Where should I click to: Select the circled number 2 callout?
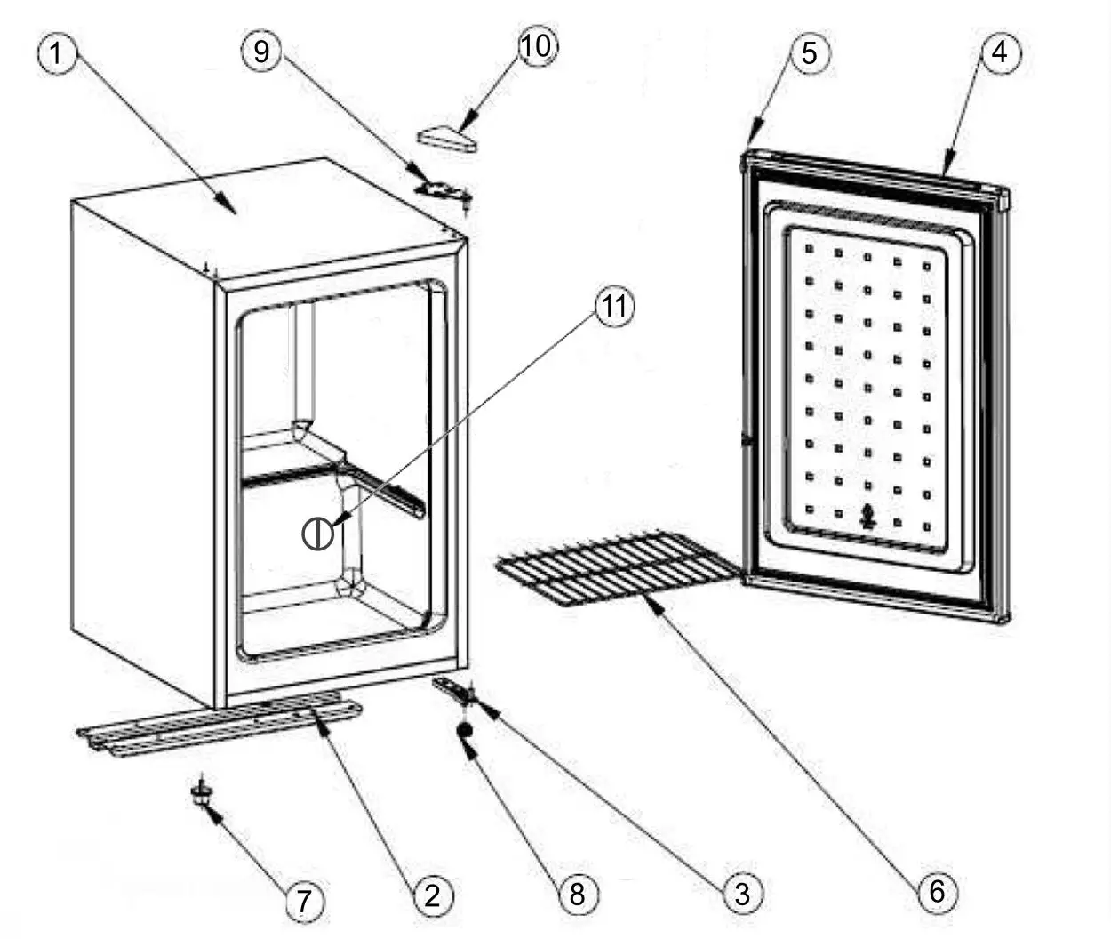[x=432, y=895]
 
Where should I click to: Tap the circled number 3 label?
[x=742, y=892]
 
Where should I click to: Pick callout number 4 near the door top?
[x=1000, y=52]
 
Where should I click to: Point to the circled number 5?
[x=809, y=52]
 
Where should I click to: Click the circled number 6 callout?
[x=937, y=890]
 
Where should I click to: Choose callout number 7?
[x=304, y=902]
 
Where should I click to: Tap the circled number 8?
[x=578, y=893]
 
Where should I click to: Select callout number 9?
[x=261, y=51]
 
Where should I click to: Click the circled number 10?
[x=537, y=45]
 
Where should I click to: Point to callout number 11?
[x=614, y=307]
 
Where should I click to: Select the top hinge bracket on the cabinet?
[x=443, y=189]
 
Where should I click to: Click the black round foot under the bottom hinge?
[x=465, y=729]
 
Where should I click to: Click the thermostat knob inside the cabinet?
[x=317, y=534]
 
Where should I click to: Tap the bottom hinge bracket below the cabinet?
[x=453, y=690]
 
